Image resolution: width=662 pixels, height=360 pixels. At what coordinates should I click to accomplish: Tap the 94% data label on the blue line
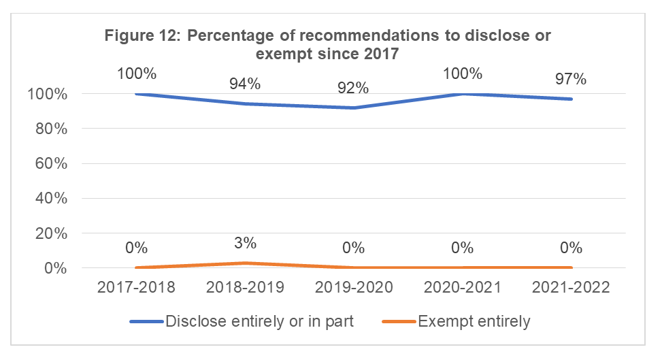(x=244, y=84)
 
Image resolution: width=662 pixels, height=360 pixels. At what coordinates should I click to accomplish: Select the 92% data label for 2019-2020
(x=353, y=88)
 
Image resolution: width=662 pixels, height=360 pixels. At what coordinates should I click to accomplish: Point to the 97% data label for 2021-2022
(x=570, y=79)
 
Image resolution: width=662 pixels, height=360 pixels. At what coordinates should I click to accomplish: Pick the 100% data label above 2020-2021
(x=462, y=73)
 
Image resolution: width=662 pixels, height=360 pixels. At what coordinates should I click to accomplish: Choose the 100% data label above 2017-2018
(x=136, y=73)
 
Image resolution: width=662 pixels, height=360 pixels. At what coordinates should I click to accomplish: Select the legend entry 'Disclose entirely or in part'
(x=259, y=321)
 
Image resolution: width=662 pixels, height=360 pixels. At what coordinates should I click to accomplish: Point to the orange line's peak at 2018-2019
(x=245, y=263)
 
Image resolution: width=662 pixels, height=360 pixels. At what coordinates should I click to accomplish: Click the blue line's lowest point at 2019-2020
(x=353, y=108)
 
